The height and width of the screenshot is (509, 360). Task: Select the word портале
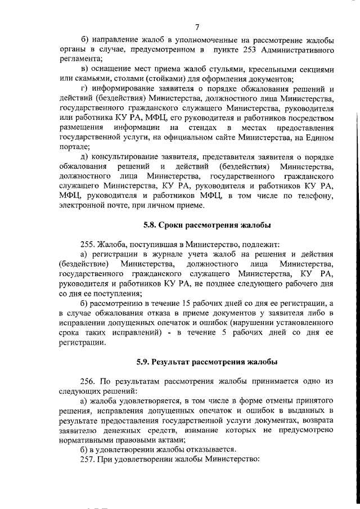tap(74, 147)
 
